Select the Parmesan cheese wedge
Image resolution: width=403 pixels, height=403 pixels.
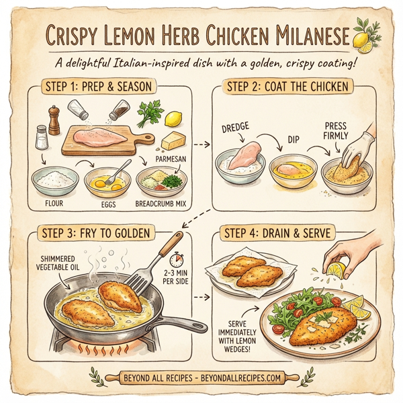(174, 141)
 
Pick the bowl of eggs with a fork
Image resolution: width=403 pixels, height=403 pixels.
(107, 180)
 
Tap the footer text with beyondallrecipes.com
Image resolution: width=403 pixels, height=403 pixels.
(201, 378)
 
